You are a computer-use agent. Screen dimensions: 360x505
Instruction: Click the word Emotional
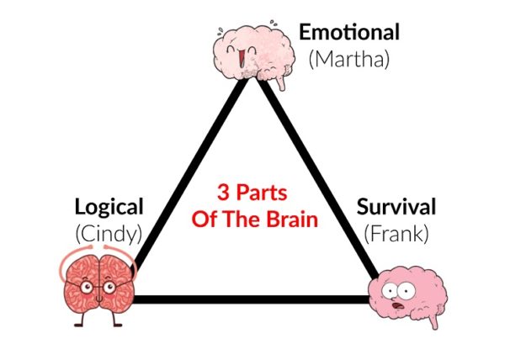(349, 34)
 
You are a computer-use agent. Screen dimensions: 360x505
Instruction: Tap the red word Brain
(291, 221)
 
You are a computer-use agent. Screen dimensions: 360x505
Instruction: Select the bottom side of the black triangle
(252, 297)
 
